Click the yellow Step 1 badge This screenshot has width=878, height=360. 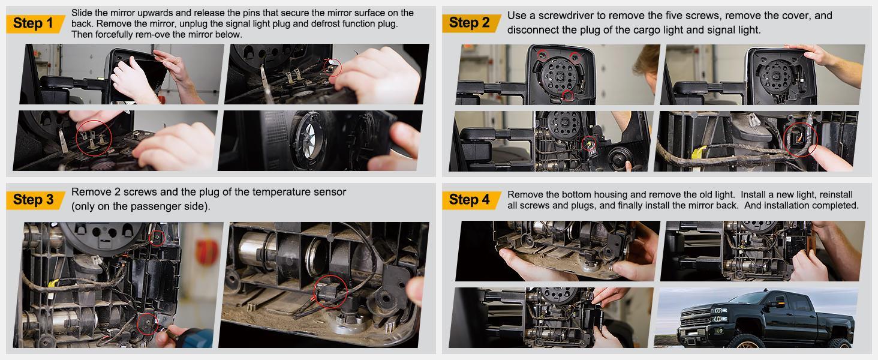point(35,23)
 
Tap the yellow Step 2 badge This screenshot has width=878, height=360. point(471,23)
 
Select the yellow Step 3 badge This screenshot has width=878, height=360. point(35,200)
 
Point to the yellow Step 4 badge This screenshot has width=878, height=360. point(471,200)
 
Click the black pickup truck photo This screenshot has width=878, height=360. point(756,317)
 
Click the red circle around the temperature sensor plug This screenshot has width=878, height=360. point(330,291)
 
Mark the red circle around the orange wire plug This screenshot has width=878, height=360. point(800,140)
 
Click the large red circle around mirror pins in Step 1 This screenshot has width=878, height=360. point(94,138)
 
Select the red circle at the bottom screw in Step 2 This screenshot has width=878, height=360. point(568,95)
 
